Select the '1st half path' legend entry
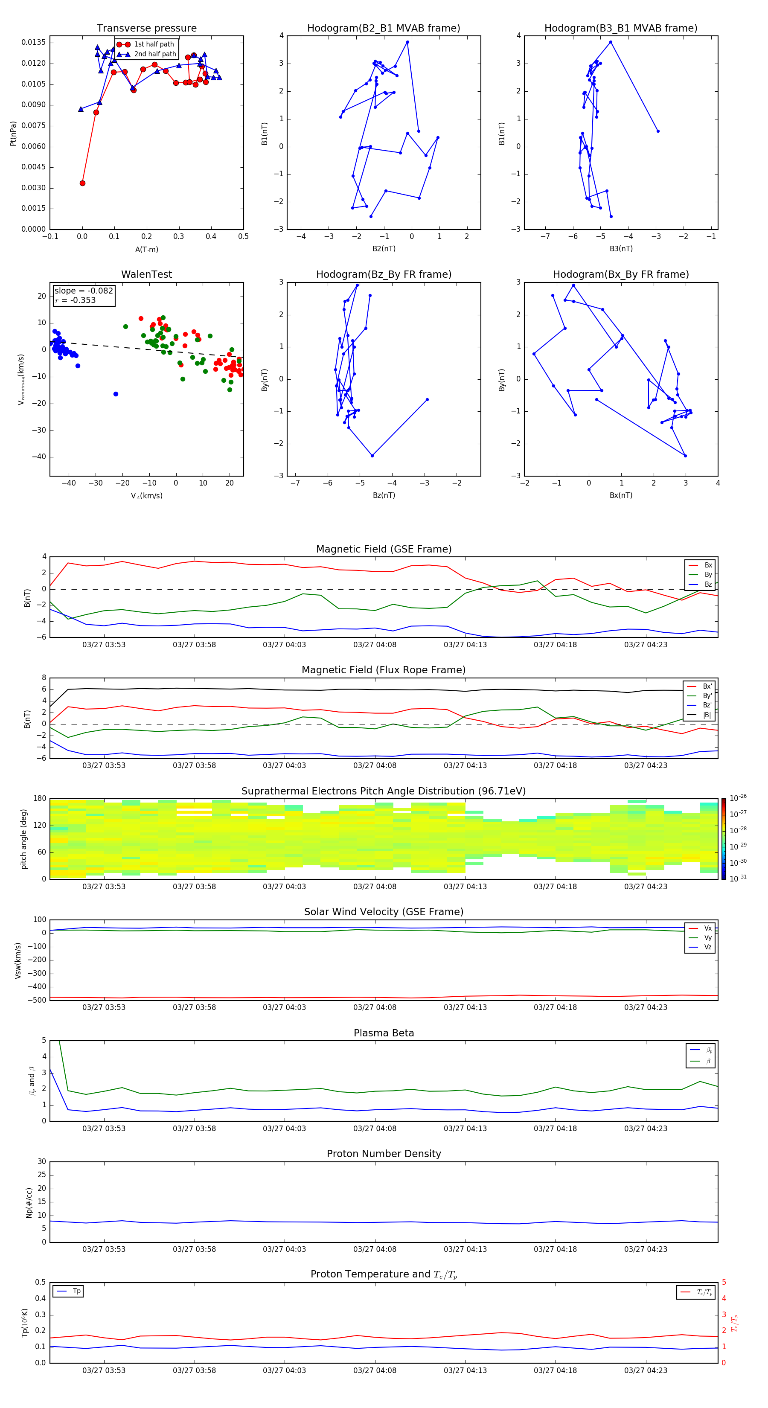point(154,44)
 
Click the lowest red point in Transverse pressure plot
point(82,183)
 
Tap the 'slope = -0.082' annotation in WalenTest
point(84,291)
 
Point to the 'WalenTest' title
point(146,274)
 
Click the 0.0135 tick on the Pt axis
point(33,43)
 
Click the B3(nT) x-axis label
point(621,249)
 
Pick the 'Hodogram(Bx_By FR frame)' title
point(620,274)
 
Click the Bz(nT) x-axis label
point(384,495)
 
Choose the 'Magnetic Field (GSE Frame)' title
point(384,549)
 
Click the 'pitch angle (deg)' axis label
point(23,838)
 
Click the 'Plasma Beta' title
point(384,1033)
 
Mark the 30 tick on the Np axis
point(41,1161)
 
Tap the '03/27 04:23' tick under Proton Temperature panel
point(646,1370)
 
